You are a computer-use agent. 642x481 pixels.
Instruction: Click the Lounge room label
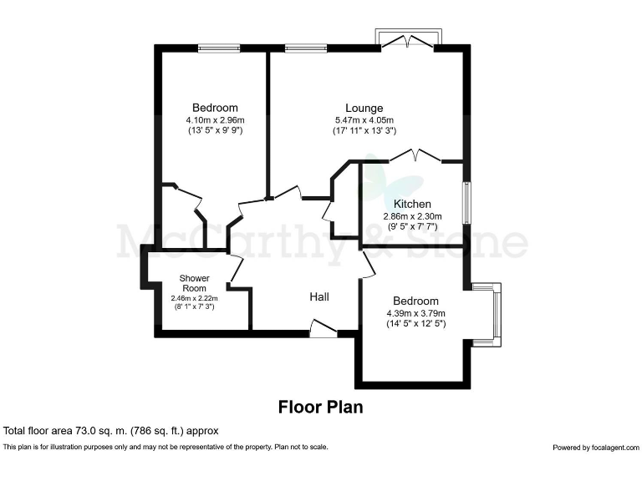coord(364,108)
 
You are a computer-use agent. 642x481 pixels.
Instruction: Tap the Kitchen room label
coord(412,204)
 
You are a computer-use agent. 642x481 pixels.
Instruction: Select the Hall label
coord(319,296)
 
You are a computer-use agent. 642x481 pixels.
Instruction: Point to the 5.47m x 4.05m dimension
coord(364,119)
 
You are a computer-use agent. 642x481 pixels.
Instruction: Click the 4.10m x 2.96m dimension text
coord(215,119)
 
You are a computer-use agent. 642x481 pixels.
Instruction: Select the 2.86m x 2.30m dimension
coord(412,216)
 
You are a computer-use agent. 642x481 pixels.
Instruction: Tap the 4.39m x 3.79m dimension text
coord(415,313)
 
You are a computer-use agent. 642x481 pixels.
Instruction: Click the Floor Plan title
coord(320,408)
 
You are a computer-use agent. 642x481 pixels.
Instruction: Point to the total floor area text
coord(111,431)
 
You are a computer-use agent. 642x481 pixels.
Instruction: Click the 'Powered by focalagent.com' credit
coord(595,448)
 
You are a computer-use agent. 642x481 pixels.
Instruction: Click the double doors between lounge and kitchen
coord(415,155)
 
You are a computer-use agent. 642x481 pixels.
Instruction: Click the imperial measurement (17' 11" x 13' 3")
coord(364,130)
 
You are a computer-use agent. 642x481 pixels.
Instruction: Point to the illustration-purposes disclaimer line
coord(166,447)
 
